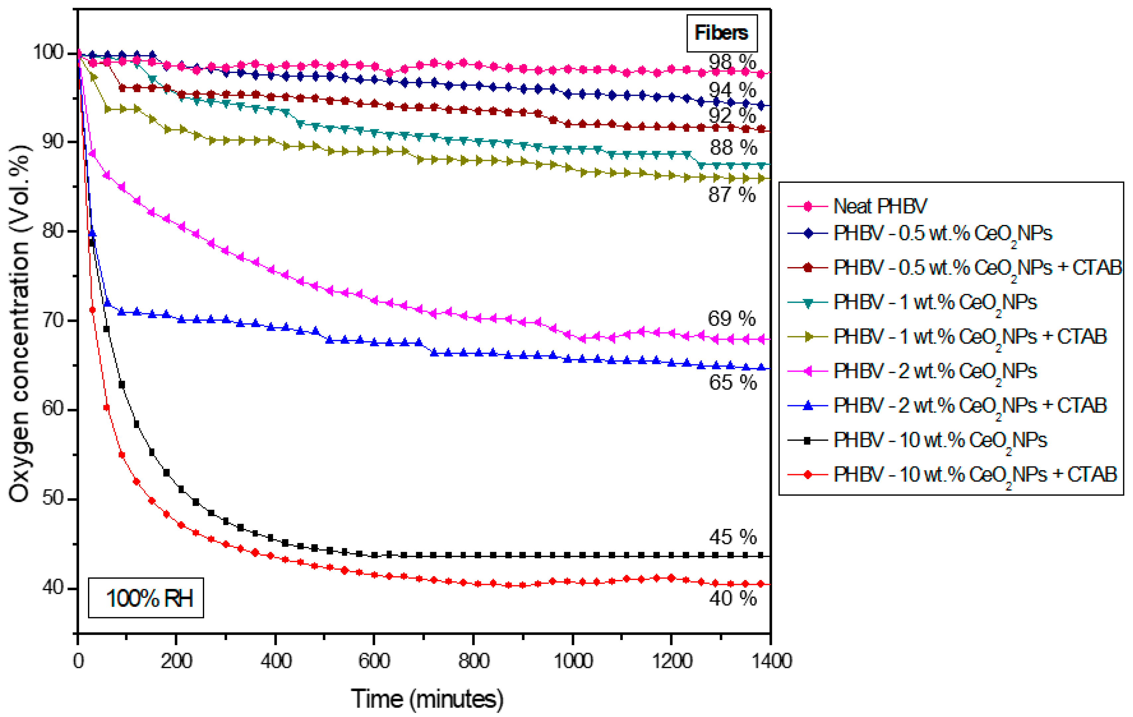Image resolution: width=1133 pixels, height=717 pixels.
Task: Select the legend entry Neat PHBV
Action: (879, 206)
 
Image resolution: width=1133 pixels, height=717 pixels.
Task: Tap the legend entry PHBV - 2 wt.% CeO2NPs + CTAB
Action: (969, 405)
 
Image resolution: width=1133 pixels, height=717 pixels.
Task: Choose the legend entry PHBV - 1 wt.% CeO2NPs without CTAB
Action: (934, 302)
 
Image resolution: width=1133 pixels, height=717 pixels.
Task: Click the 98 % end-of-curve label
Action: (732, 62)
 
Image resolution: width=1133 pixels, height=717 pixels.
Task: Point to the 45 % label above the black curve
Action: (733, 537)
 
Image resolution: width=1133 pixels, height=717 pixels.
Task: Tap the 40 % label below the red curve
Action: (733, 599)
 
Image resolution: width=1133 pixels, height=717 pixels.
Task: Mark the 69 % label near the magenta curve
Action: (731, 319)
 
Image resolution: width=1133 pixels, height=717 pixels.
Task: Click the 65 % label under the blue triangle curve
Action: (733, 382)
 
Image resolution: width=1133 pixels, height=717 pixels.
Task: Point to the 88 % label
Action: (733, 148)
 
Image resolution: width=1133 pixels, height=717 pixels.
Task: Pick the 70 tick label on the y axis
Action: (53, 321)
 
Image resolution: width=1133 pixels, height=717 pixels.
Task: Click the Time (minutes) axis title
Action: (427, 699)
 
